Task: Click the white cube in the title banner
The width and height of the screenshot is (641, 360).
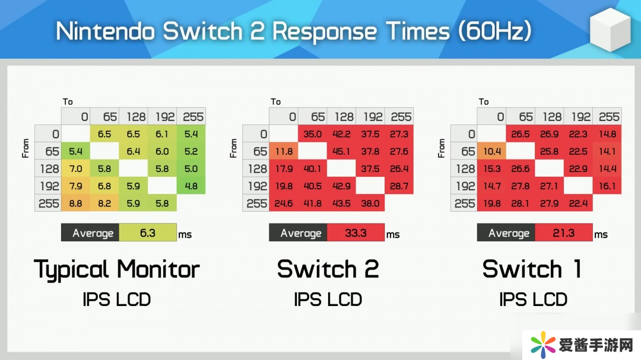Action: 610,30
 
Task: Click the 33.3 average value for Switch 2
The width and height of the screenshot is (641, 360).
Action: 356,233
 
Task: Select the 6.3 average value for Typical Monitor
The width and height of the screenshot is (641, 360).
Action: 148,233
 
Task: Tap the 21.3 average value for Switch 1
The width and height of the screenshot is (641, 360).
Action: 563,233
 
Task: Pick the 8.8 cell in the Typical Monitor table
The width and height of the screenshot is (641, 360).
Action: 75,203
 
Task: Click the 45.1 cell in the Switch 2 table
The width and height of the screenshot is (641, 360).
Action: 341,151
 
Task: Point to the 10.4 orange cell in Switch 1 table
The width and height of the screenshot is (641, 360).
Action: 492,151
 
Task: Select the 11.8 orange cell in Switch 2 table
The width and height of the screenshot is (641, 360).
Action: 284,151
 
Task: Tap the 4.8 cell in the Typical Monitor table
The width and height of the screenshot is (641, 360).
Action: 191,186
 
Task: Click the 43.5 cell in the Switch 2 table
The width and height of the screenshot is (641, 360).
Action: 341,203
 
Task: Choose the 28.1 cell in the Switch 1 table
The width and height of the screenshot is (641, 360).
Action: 521,203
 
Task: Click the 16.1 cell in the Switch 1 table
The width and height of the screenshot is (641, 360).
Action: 607,186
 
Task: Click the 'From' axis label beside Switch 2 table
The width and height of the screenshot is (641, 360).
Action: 233,148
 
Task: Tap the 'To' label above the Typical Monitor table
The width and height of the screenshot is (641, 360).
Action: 68,101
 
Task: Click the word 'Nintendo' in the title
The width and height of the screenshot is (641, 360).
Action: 106,31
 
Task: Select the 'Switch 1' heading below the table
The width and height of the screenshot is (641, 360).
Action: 532,269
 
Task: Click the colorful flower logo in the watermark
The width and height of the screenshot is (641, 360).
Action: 543,344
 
